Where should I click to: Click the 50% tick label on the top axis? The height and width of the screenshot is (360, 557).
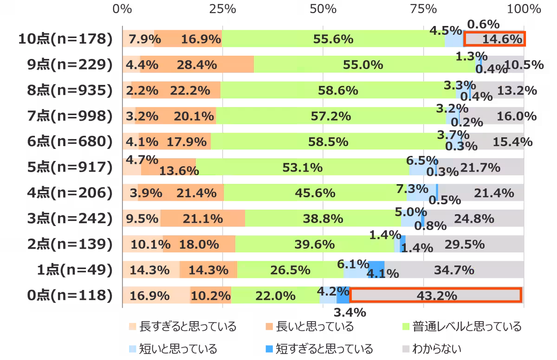(x=323, y=9)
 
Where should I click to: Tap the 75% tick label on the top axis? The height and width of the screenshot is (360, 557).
(x=423, y=9)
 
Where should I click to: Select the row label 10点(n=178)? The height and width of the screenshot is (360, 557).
(x=65, y=39)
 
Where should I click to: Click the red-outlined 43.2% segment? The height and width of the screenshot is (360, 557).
(x=435, y=296)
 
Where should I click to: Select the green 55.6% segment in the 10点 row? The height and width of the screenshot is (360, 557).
(x=333, y=39)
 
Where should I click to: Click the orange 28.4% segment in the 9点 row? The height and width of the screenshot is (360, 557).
(x=197, y=65)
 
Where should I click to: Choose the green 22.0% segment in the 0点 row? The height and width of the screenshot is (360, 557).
(x=275, y=296)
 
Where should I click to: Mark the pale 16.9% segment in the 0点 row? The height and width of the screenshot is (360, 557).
(x=156, y=296)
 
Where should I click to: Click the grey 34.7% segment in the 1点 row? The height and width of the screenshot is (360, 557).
(x=454, y=270)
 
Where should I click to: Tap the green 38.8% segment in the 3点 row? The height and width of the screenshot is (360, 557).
(x=323, y=219)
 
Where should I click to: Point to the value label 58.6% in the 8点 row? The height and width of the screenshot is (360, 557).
(x=338, y=90)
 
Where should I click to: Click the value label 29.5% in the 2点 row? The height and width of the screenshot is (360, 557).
(x=465, y=244)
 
